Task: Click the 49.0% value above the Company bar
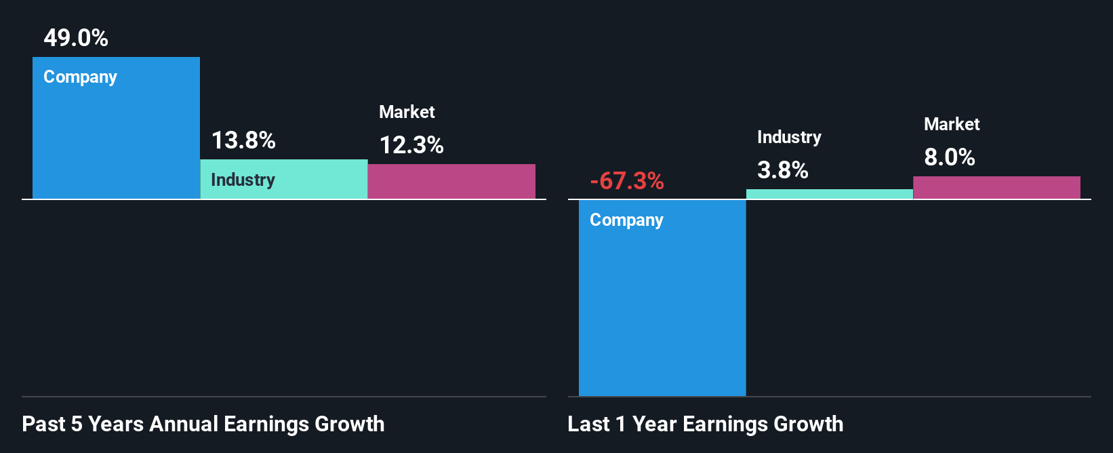click(76, 38)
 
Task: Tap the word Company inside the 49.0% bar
click(80, 77)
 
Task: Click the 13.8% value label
click(243, 140)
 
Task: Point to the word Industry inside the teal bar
click(243, 180)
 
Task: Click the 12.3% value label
click(411, 145)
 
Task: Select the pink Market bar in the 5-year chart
click(451, 182)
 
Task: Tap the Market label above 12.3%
click(407, 112)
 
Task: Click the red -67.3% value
click(627, 181)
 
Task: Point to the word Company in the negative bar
click(626, 220)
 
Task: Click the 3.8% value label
click(782, 170)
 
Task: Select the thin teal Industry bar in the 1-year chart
click(829, 194)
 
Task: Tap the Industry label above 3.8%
click(789, 137)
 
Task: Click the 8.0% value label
click(949, 157)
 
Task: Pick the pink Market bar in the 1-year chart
click(996, 188)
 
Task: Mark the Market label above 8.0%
click(952, 124)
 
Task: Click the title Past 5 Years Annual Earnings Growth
click(203, 425)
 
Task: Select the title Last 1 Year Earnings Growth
click(705, 425)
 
